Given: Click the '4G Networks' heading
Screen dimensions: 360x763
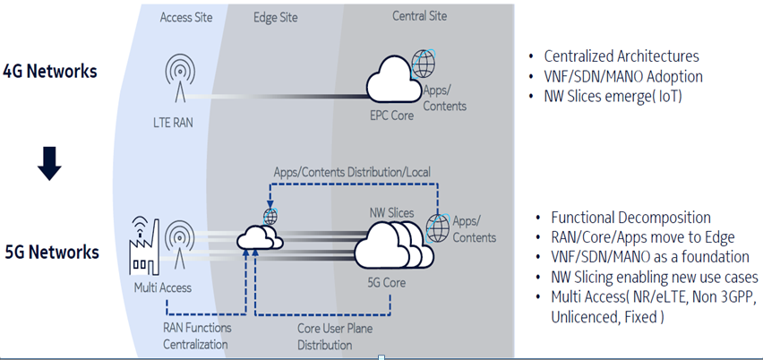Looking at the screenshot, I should [50, 71].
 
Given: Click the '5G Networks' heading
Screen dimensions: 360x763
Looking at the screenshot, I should [50, 252].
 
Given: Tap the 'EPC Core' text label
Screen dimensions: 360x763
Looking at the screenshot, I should [391, 116].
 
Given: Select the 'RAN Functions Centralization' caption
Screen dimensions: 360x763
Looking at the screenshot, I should [196, 334].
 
